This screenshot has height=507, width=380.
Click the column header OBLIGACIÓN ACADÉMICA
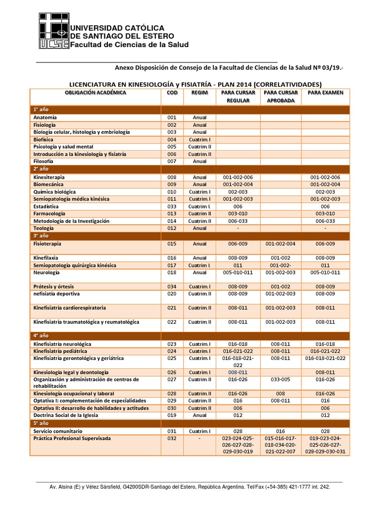point(95,93)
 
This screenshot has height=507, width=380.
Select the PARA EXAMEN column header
point(325,93)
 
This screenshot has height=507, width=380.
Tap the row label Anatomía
point(45,117)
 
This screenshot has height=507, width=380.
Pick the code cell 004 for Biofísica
point(172,140)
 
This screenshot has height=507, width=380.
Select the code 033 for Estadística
point(172,206)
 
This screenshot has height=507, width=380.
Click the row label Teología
point(44,228)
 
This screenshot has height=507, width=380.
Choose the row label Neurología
point(47,272)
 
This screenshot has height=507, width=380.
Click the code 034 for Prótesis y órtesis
point(172,286)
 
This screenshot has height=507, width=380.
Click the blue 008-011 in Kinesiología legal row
point(237,372)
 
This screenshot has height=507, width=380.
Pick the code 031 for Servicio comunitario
point(172,431)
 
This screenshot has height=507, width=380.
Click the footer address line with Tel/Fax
point(190,487)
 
